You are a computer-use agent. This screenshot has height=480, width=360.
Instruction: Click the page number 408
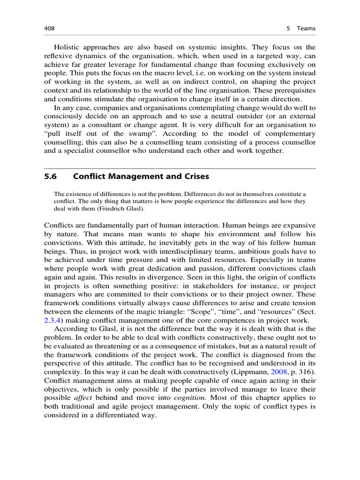[50, 29]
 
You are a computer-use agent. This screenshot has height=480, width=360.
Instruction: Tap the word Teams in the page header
[306, 29]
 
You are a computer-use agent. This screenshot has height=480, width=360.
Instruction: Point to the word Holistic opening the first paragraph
[67, 47]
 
